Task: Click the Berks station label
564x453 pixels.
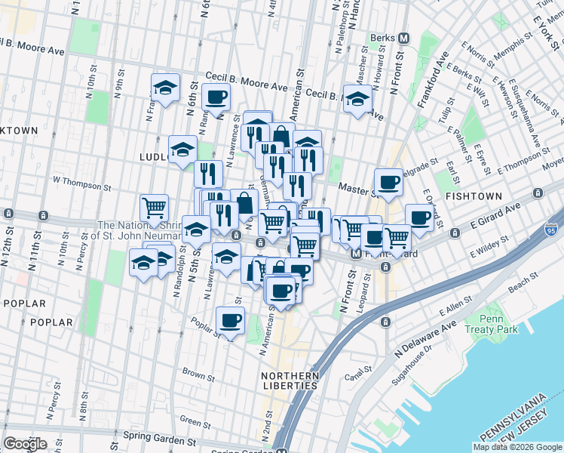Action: (x=382, y=37)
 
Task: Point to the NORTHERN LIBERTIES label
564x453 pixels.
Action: (x=290, y=381)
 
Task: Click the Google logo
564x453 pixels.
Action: (x=25, y=444)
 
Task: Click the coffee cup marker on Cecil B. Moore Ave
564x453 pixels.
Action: (x=216, y=97)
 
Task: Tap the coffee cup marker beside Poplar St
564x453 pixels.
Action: (x=231, y=320)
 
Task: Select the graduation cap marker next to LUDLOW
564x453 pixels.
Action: (x=182, y=149)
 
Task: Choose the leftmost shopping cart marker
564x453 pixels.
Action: (x=155, y=207)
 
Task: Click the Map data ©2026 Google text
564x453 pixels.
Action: (x=517, y=447)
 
